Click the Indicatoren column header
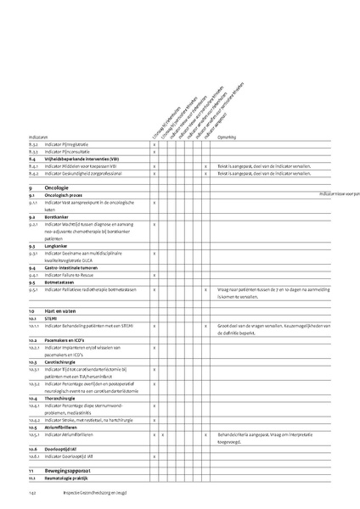pos(38,136)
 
